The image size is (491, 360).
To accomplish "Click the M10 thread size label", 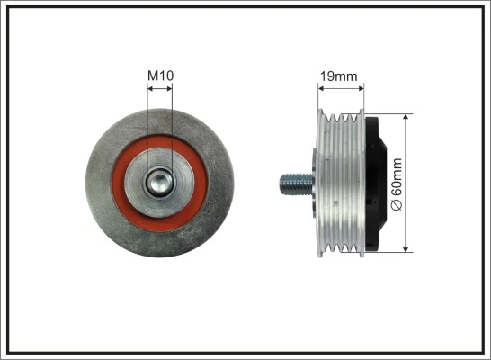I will coord(160,76).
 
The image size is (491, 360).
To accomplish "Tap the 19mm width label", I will coord(339,76).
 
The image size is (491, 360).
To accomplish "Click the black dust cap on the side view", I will coord(379,185).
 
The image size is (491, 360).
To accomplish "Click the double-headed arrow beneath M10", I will coord(160,88).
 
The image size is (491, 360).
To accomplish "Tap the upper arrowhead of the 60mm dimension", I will coord(408,118).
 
